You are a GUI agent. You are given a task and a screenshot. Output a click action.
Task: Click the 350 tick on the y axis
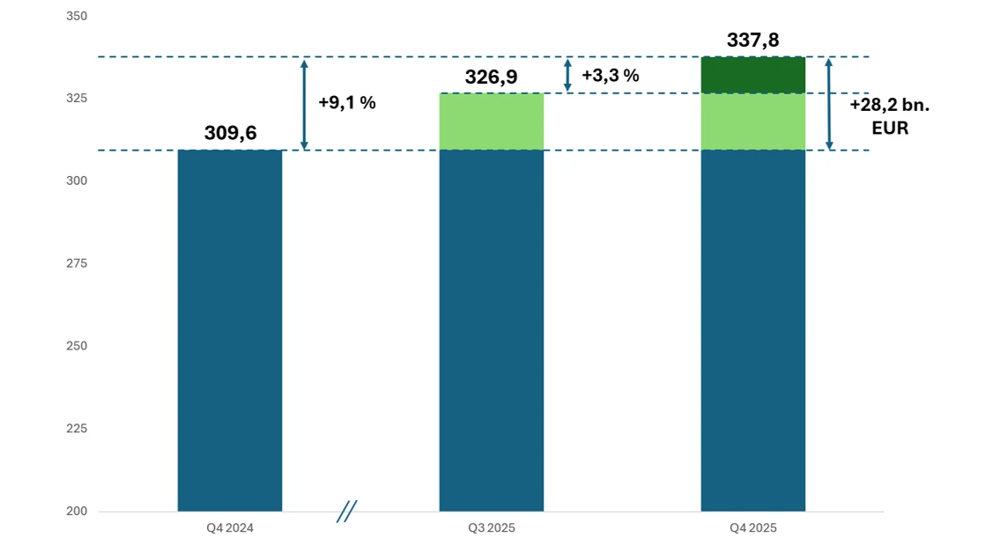pos(77,16)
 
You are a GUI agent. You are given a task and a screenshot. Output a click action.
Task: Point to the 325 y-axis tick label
pos(77,98)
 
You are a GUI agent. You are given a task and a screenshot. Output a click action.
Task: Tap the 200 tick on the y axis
pos(77,511)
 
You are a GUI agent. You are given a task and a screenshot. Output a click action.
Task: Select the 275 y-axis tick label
pos(77,263)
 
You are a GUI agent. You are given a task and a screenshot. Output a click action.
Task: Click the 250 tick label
pos(77,346)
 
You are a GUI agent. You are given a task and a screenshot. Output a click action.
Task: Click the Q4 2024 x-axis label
pos(229,527)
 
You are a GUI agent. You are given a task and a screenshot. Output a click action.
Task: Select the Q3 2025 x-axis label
pos(492,527)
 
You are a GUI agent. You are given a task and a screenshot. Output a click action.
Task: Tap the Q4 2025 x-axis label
pos(753,527)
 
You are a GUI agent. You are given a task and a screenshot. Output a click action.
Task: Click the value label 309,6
pos(230,132)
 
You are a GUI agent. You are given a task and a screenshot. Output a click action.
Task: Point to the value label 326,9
pos(492,77)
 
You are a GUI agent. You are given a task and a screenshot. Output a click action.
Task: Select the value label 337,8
pos(753,41)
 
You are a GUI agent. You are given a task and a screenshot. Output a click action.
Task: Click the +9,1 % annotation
pos(346,102)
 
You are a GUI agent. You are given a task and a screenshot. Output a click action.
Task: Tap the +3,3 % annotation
pos(610,75)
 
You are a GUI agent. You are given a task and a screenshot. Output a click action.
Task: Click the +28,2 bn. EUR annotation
pos(890,116)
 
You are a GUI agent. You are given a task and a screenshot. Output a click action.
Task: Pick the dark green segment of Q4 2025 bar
pos(753,75)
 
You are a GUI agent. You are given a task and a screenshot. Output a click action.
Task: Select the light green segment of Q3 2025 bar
pos(492,122)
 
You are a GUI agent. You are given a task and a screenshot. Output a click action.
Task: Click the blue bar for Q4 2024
pos(230,330)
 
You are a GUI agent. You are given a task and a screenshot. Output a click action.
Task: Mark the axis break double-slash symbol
pos(346,511)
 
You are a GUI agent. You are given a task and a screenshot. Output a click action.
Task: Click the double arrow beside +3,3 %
pos(567,75)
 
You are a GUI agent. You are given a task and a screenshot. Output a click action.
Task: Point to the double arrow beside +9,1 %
pos(305,104)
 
